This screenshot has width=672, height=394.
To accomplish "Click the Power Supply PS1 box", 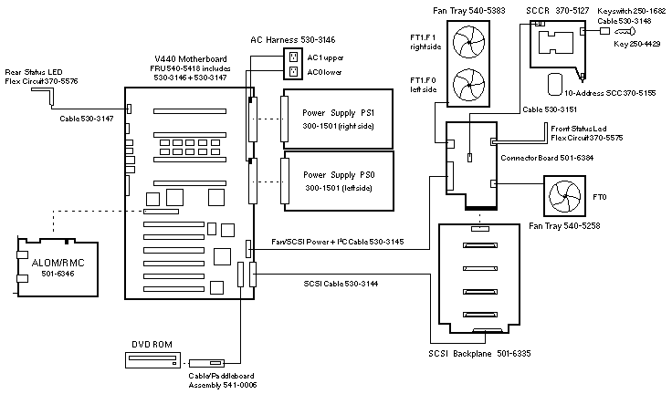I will [339, 119].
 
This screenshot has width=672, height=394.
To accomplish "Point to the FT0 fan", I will [566, 197].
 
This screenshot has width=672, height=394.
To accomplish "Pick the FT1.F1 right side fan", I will [476, 46].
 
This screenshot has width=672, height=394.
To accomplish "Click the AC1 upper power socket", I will [294, 56].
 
